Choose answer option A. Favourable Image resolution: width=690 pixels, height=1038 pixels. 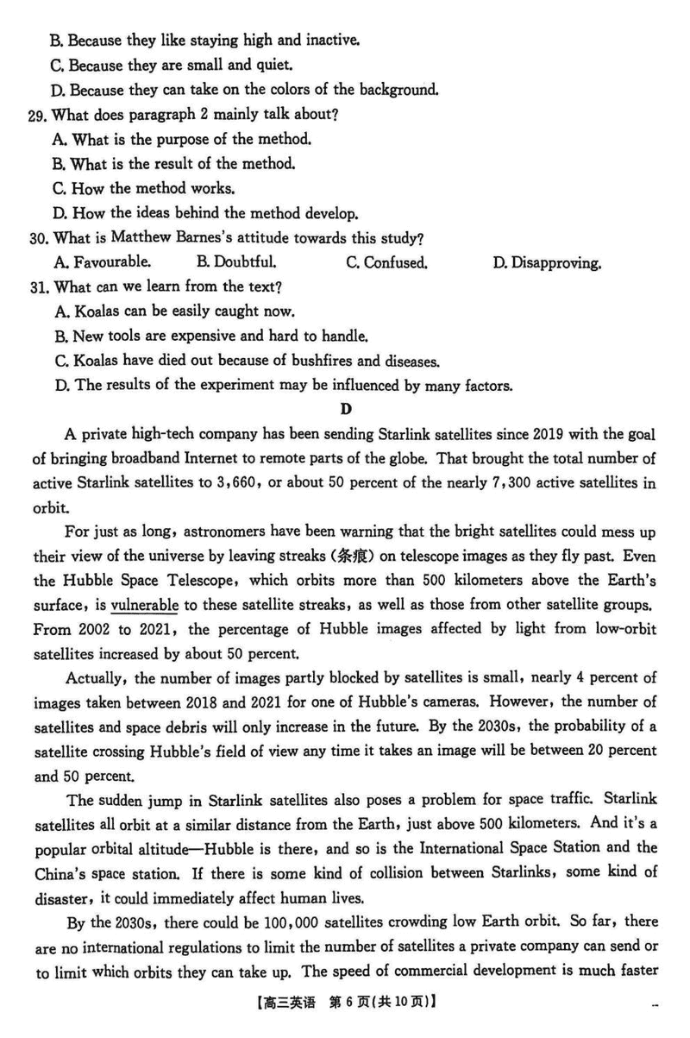tap(102, 263)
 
